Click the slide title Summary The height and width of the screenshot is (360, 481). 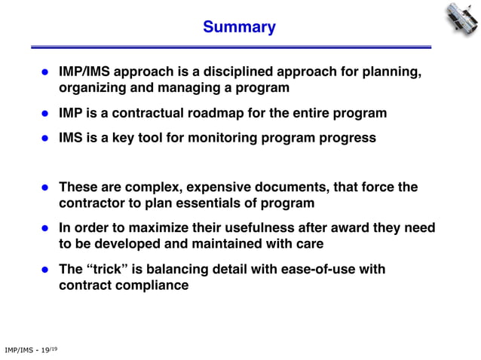click(239, 28)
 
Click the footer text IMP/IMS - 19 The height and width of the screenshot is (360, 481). click(30, 349)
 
